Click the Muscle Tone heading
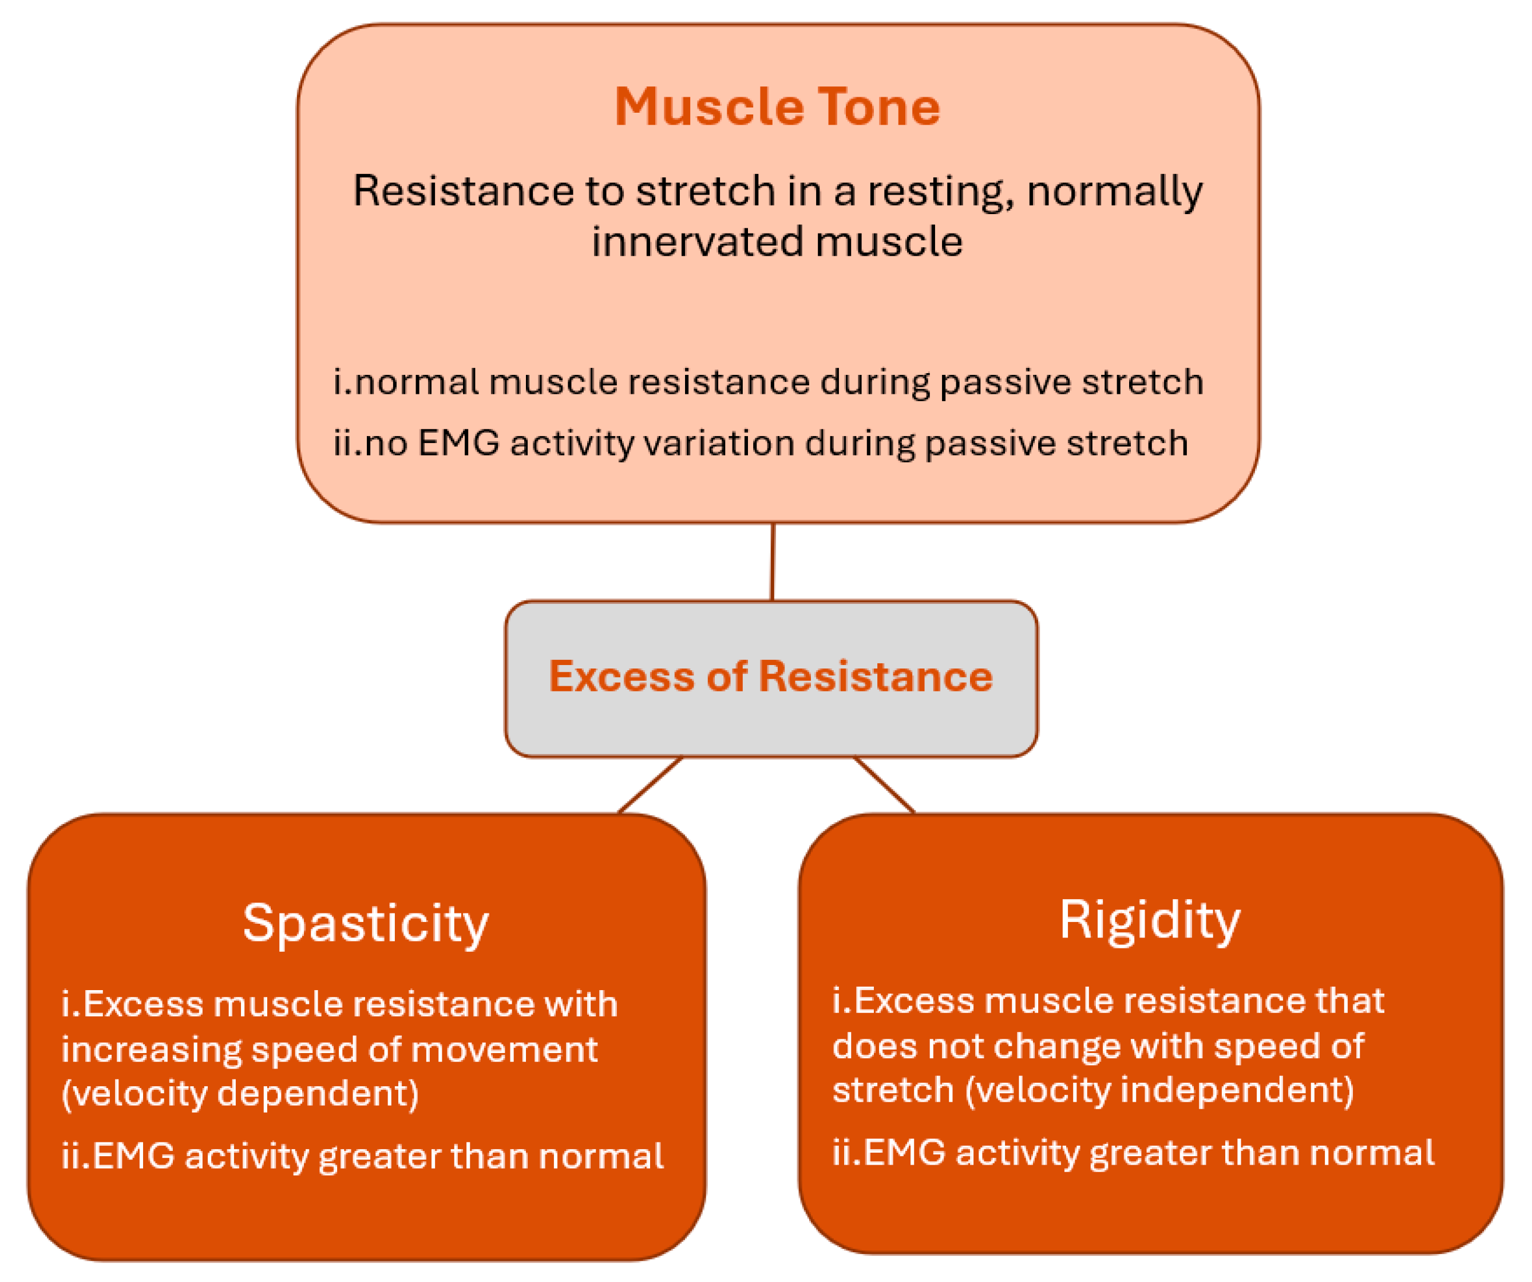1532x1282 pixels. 777,107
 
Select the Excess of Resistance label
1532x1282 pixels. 770,676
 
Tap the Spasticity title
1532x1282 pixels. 366,924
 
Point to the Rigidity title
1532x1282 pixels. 1150,920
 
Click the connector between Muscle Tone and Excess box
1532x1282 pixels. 773,562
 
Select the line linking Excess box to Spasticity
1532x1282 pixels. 650,785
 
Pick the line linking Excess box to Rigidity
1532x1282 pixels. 884,785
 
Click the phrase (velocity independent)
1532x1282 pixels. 1160,1089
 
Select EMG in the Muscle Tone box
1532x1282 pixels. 459,443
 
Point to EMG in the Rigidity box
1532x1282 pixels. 905,1152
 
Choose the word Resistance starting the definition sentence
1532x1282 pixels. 464,191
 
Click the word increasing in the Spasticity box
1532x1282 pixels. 151,1049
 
